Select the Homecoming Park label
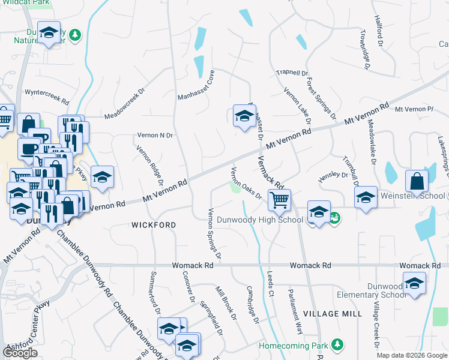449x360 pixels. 294,346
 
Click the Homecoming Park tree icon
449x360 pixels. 337,344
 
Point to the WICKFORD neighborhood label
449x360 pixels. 154,225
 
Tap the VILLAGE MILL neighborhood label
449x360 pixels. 332,314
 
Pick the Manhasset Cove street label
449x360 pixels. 196,85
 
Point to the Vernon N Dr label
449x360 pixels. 155,135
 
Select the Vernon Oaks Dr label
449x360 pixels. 247,183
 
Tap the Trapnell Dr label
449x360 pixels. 292,73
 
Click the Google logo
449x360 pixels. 20,353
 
